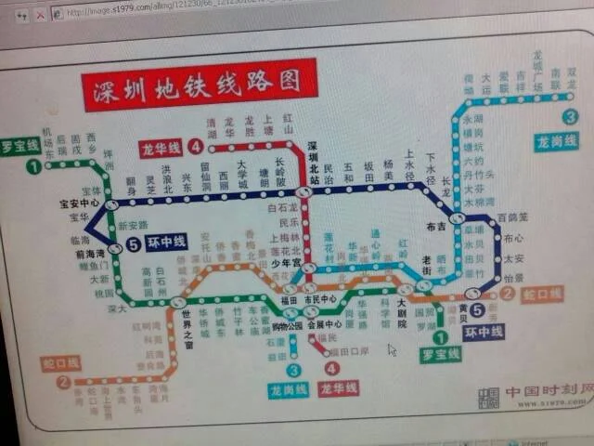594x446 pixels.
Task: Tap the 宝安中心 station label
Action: (x=78, y=203)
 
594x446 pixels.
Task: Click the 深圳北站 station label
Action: (x=314, y=162)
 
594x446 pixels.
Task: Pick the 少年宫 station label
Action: (x=286, y=263)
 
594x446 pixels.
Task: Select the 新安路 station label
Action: (x=133, y=226)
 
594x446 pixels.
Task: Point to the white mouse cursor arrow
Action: (x=392, y=350)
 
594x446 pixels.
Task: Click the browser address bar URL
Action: (x=139, y=13)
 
